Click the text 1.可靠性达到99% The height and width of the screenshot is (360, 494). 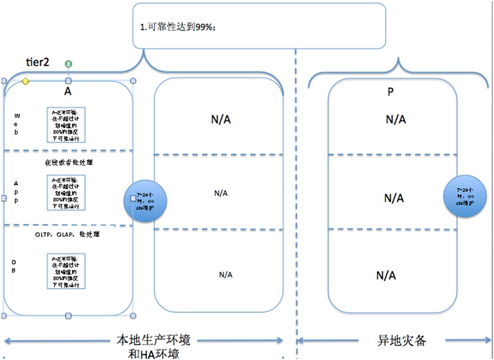coord(178,26)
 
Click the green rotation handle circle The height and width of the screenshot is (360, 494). coord(68,65)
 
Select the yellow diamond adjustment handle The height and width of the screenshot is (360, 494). coord(25,82)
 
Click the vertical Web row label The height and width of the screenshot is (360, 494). coord(16,123)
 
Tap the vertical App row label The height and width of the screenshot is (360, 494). coord(16,192)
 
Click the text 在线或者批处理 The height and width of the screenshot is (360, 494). coord(68,162)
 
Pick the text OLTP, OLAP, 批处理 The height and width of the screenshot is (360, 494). coord(67,234)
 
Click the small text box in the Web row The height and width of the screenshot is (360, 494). coord(66,125)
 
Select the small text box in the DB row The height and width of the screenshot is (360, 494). coord(66,271)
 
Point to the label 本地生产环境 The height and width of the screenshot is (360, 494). coord(153,340)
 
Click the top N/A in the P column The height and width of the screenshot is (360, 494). coord(395,119)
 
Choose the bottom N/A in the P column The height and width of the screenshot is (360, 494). coord(386,275)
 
